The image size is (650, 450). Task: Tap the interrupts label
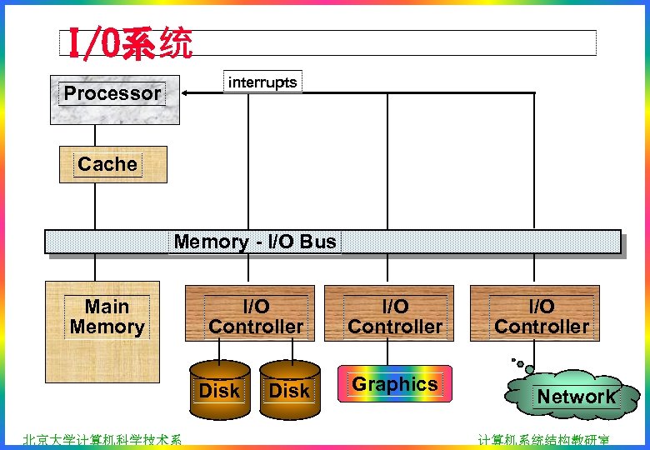[262, 82]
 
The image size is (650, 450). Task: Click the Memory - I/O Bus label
[255, 242]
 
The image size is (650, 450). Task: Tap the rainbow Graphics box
[395, 384]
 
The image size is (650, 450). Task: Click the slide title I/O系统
[130, 43]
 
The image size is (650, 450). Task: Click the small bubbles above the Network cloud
[522, 364]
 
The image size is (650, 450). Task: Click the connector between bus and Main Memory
[95, 267]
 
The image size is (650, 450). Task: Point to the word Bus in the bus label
[318, 242]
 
